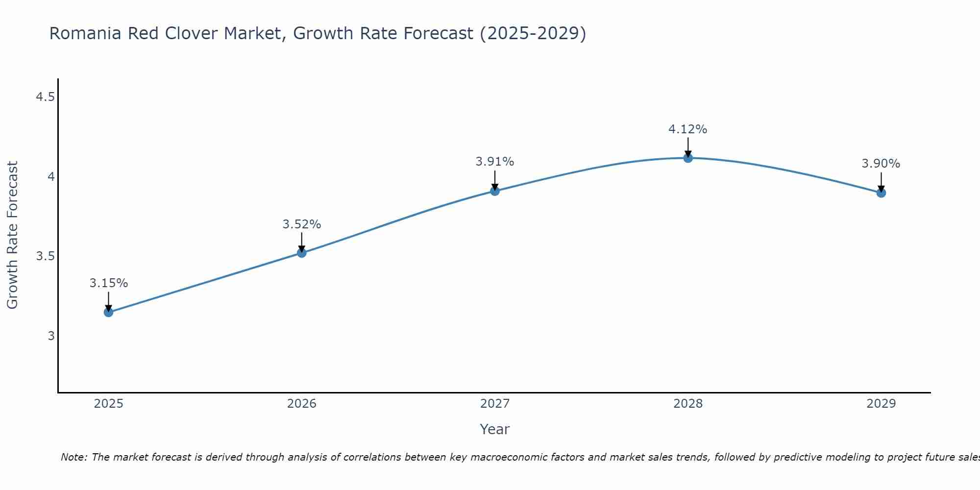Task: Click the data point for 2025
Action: pyautogui.click(x=108, y=312)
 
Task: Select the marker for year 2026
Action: pyautogui.click(x=302, y=253)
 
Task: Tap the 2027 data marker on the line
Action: pyautogui.click(x=495, y=191)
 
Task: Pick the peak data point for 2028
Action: pyautogui.click(x=688, y=158)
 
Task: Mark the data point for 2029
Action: pyautogui.click(x=881, y=193)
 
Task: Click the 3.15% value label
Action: pyautogui.click(x=108, y=283)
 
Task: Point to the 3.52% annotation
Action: pyautogui.click(x=302, y=224)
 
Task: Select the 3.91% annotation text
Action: pyautogui.click(x=495, y=162)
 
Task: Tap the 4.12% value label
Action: pyautogui.click(x=688, y=129)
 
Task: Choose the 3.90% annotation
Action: pyautogui.click(x=881, y=164)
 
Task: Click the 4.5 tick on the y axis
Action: pyautogui.click(x=45, y=97)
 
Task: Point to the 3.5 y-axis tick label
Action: pyautogui.click(x=45, y=256)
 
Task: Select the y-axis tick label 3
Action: pyautogui.click(x=51, y=336)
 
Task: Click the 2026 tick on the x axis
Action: pyautogui.click(x=302, y=404)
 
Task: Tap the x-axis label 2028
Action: pyautogui.click(x=688, y=404)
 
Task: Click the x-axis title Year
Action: pyautogui.click(x=495, y=429)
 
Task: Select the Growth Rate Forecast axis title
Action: pyautogui.click(x=12, y=235)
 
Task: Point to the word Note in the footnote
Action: pyautogui.click(x=73, y=457)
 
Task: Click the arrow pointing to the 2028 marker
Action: pyautogui.click(x=688, y=146)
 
